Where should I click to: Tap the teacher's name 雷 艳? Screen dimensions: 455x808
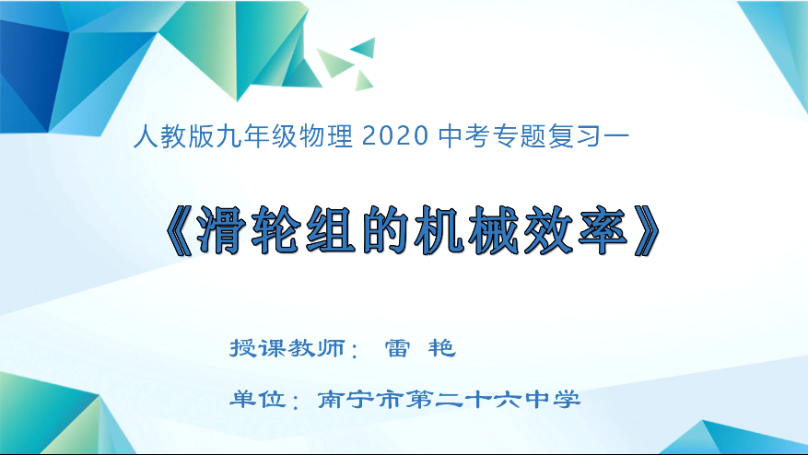click(418, 350)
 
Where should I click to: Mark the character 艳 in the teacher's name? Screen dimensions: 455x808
click(442, 350)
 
